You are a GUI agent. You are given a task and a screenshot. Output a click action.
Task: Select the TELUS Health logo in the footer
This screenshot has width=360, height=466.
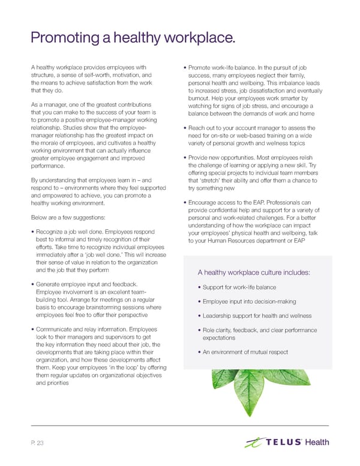(x=287, y=443)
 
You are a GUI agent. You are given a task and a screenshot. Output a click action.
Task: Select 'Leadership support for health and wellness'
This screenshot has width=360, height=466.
(x=256, y=316)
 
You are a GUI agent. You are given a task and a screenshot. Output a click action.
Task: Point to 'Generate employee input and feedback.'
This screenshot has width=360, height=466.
(x=87, y=283)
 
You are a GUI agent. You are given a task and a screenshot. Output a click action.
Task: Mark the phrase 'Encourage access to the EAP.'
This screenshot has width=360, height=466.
(x=229, y=202)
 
